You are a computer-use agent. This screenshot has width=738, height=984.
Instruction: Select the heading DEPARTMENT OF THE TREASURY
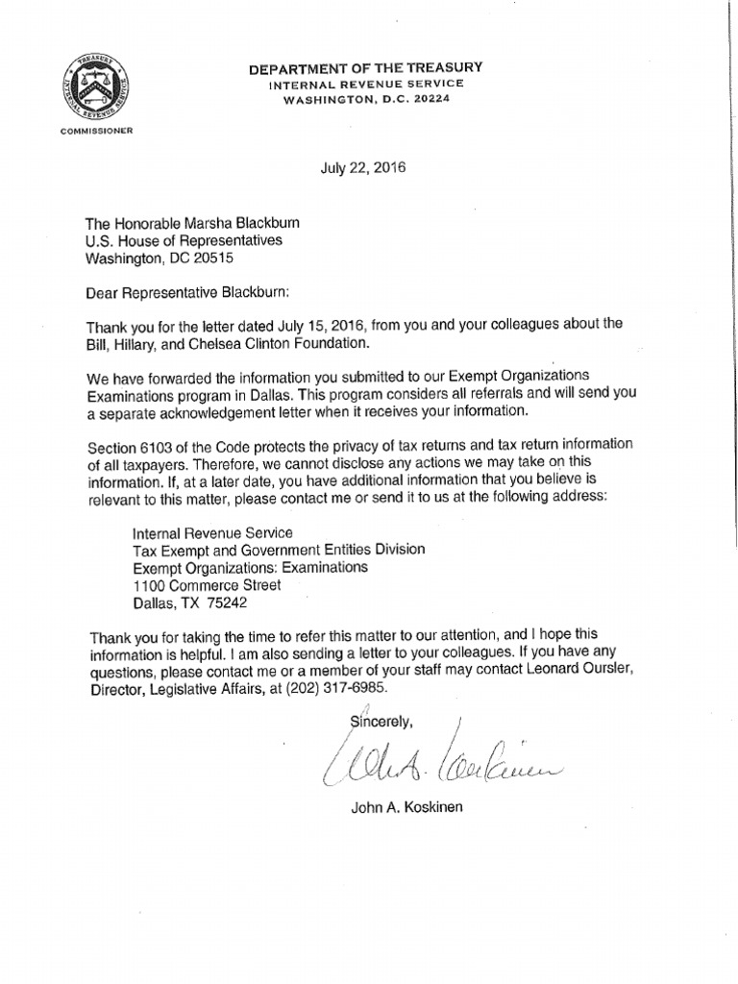tap(365, 67)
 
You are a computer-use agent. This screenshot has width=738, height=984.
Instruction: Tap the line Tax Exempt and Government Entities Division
tap(278, 550)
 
